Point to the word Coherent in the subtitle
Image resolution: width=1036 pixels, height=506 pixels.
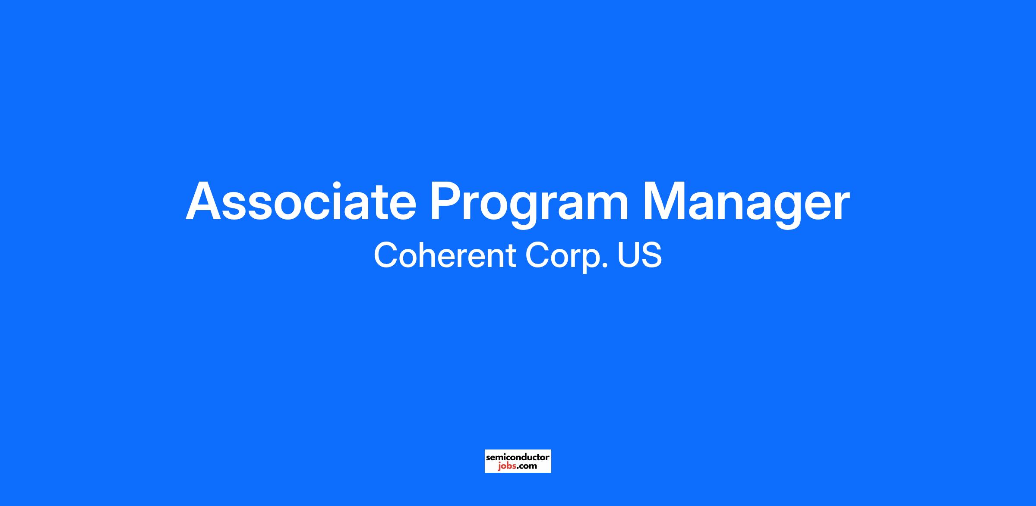pyautogui.click(x=445, y=255)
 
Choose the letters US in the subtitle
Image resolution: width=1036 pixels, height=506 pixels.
pyautogui.click(x=640, y=256)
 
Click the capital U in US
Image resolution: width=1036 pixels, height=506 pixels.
pyautogui.click(x=628, y=256)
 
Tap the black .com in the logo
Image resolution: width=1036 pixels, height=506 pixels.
pyautogui.click(x=527, y=466)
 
